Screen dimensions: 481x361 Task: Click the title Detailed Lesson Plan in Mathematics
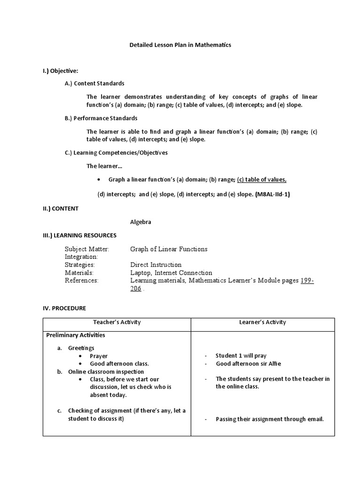click(x=180, y=45)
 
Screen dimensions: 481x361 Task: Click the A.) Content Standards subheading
click(x=94, y=83)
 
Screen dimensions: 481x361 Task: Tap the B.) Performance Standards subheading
click(x=101, y=118)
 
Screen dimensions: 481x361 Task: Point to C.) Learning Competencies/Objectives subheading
click(x=116, y=153)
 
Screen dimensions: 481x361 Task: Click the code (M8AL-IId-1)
click(x=273, y=194)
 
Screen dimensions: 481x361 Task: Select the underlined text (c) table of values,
click(x=262, y=179)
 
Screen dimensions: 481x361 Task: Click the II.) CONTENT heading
click(x=61, y=208)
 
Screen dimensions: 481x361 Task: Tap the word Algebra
click(x=141, y=222)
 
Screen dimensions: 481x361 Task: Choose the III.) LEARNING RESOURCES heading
click(x=79, y=235)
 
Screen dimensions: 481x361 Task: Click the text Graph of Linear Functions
click(x=169, y=249)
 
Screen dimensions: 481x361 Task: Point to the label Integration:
click(x=81, y=257)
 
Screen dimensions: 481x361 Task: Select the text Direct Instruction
click(x=156, y=265)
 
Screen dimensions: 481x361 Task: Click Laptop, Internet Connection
click(x=171, y=272)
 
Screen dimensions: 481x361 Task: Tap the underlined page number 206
click(x=135, y=288)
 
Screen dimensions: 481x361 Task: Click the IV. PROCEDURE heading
click(x=64, y=308)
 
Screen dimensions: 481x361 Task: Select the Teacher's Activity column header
click(x=117, y=322)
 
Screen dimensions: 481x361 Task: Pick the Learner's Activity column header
click(x=262, y=322)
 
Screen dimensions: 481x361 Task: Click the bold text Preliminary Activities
click(x=75, y=335)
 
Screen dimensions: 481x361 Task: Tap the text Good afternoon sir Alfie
click(x=249, y=364)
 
